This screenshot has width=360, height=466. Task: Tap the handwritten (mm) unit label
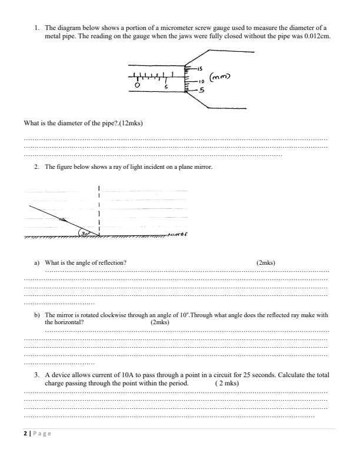219,77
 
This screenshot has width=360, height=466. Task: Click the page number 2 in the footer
25,433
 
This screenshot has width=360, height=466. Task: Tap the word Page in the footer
42,433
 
